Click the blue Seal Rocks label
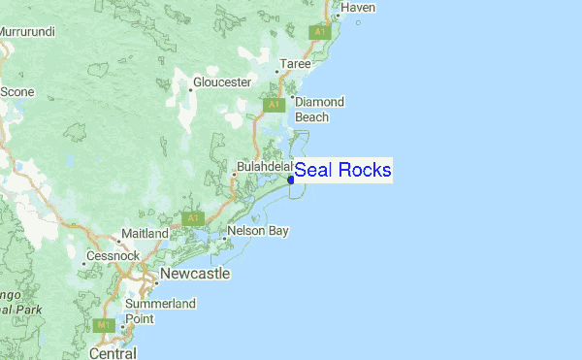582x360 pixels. [342, 171]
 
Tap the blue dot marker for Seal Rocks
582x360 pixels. [291, 179]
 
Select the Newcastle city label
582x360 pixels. [195, 275]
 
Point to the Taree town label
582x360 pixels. [296, 64]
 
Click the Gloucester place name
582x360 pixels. [222, 82]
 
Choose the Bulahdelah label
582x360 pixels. [264, 167]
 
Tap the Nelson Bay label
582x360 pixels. [258, 232]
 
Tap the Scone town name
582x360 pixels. [16, 91]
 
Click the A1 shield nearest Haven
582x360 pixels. [320, 32]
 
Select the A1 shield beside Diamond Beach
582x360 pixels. [275, 104]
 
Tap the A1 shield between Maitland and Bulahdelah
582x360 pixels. [194, 217]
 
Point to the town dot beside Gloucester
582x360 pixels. [190, 89]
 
